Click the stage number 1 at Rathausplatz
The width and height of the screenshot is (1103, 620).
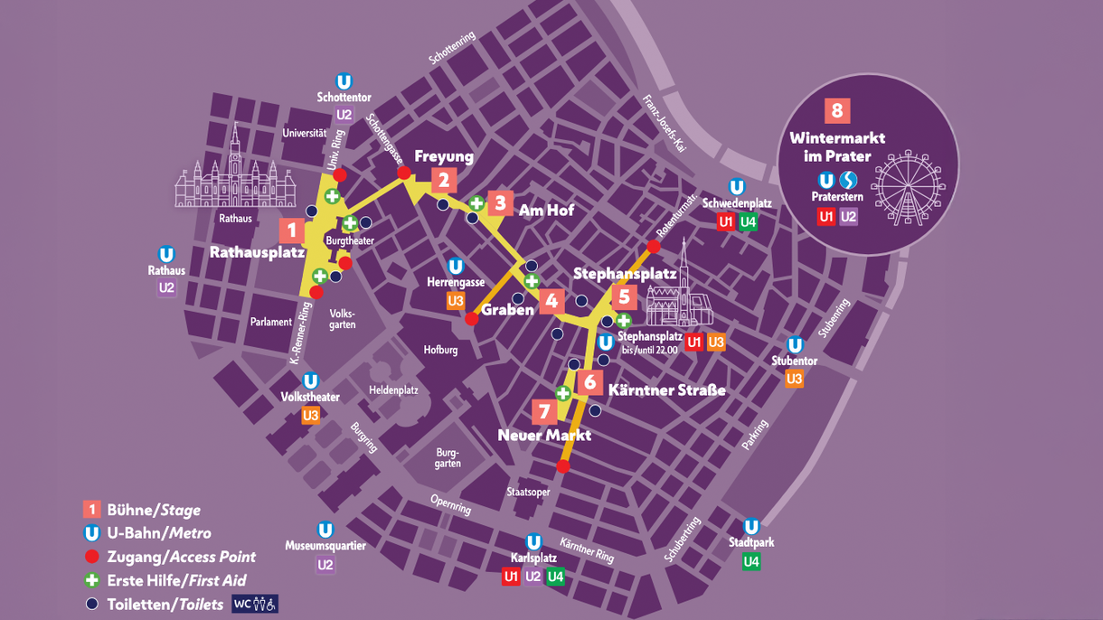coord(291,230)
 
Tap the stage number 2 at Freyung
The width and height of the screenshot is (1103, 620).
coord(443,181)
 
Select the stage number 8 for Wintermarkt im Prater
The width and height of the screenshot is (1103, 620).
coord(837,110)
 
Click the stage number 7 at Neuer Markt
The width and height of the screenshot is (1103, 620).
coord(544,412)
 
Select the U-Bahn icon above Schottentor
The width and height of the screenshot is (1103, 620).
coord(344,81)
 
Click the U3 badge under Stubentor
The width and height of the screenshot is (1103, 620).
coord(794,380)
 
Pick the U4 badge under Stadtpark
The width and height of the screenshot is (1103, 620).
coord(751,562)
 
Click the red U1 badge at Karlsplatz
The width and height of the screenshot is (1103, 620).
coord(511,577)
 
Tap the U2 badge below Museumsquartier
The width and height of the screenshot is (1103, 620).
coord(325,565)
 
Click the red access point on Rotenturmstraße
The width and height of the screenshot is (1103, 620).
coord(654,246)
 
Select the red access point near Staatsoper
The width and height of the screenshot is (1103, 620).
coord(563,466)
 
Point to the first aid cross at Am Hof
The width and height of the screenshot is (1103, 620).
coord(476,203)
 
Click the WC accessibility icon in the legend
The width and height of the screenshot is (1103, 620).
coord(255,604)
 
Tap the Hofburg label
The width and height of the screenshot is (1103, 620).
coord(440,350)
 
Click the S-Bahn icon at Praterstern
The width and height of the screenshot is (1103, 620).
coord(848,180)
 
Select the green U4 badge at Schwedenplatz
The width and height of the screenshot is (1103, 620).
coord(748,222)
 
